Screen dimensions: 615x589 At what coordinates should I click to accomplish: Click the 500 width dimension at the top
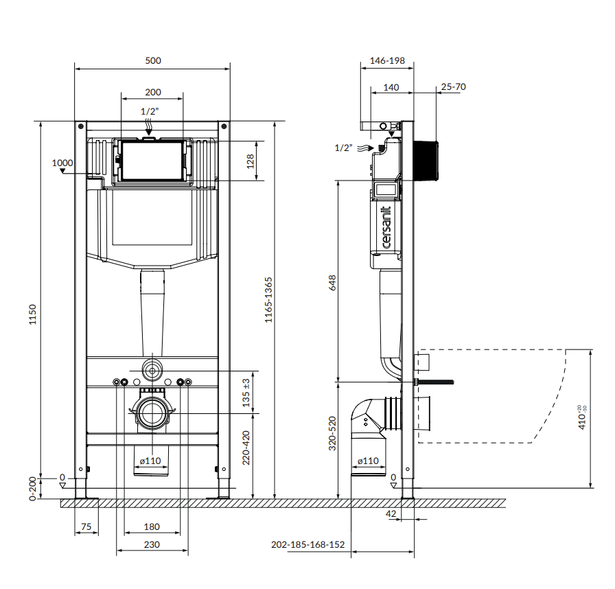pos(153,61)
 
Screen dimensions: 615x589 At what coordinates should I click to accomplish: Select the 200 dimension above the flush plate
pos(153,92)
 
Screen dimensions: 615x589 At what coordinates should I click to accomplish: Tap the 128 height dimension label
pos(250,161)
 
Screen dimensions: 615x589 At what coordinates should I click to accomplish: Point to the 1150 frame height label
pos(32,314)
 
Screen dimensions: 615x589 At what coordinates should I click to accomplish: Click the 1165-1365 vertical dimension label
pos(268,300)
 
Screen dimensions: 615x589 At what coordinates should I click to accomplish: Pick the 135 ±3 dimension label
pos(246,393)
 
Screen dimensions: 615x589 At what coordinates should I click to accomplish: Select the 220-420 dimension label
pos(246,448)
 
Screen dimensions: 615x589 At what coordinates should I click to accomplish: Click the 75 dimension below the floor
pos(86,527)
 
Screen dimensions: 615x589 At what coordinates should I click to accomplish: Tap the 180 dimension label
pos(152,527)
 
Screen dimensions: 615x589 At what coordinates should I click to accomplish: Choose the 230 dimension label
pos(152,544)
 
